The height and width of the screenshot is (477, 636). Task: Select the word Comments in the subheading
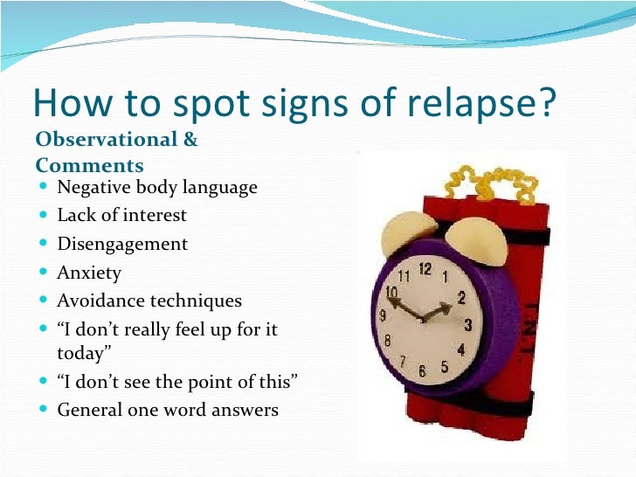pyautogui.click(x=89, y=165)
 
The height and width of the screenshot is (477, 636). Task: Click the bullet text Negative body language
pyautogui.click(x=157, y=187)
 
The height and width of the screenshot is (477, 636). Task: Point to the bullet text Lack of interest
pyautogui.click(x=122, y=215)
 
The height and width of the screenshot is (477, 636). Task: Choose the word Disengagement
pyautogui.click(x=122, y=244)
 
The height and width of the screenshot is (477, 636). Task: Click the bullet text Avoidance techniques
pyautogui.click(x=149, y=301)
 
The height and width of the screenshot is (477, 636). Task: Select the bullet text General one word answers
pyautogui.click(x=168, y=409)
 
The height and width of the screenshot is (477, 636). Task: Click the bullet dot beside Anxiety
pyautogui.click(x=45, y=273)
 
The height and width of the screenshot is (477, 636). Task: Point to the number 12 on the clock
pyautogui.click(x=425, y=269)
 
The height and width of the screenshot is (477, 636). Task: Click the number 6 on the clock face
pyautogui.click(x=421, y=370)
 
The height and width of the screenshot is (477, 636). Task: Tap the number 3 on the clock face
pyautogui.click(x=467, y=326)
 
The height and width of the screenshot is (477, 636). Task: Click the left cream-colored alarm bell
pyautogui.click(x=395, y=232)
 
